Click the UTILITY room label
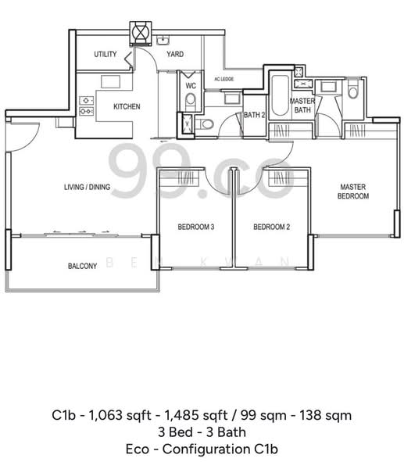pos(105,54)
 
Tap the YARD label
pos(175,54)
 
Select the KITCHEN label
pos(127,106)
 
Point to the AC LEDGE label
pos(224,79)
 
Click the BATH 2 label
pos(254,115)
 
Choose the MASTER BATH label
pos(302,106)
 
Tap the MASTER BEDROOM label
pos(353,192)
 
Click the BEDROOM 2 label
pos(272,227)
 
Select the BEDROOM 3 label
pos(195,227)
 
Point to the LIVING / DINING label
pos(87,188)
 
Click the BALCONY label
pos(82,266)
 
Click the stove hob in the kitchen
pos(87,105)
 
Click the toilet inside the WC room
pos(191,98)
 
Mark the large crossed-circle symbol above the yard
pos(139,33)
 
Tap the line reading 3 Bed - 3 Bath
pos(202,431)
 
